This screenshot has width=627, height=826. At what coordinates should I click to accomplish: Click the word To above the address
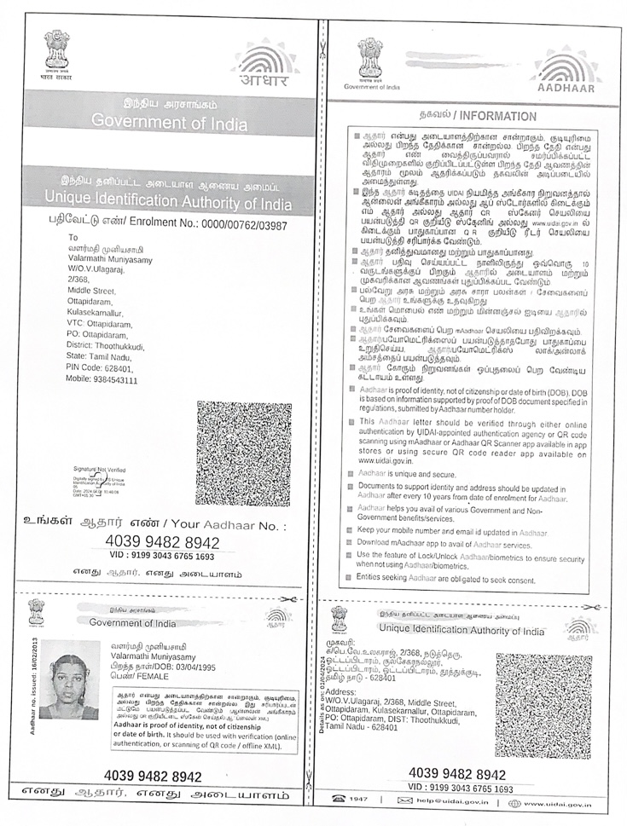(73, 238)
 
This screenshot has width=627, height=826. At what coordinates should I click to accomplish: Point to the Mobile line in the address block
(102, 380)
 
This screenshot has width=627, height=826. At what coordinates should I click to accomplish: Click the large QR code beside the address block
(242, 453)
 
